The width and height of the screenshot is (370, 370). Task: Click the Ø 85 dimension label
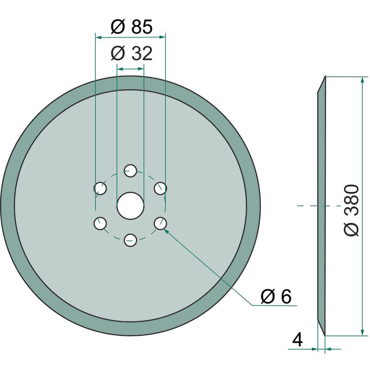coord(132,27)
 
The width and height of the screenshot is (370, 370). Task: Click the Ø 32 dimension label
coord(132,53)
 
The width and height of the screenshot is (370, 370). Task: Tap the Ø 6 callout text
coord(276,296)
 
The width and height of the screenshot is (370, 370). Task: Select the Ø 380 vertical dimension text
coord(351,210)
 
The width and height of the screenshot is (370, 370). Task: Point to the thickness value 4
coord(297,340)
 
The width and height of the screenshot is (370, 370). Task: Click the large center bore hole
coord(130,205)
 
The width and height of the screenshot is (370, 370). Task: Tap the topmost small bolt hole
coord(130,171)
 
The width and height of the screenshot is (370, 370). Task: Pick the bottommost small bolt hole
coord(130,240)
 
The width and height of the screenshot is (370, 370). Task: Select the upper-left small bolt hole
coord(100,188)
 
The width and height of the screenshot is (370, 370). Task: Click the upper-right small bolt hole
coord(160,188)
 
